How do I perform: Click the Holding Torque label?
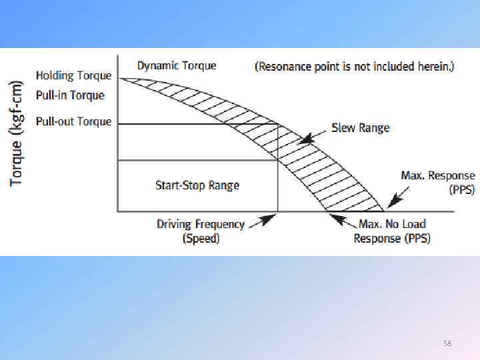[73, 76]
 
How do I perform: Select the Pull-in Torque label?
[70, 95]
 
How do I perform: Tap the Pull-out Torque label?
[73, 122]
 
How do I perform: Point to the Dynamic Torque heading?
[177, 65]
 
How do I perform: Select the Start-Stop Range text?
[197, 185]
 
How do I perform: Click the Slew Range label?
[360, 127]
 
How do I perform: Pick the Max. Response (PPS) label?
[437, 182]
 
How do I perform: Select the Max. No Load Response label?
[392, 231]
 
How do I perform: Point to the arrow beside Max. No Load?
[342, 220]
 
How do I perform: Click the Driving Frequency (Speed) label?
[201, 231]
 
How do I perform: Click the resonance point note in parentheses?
[355, 67]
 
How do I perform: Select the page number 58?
[447, 343]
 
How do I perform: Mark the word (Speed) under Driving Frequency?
[201, 238]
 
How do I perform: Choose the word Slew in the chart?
[344, 127]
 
